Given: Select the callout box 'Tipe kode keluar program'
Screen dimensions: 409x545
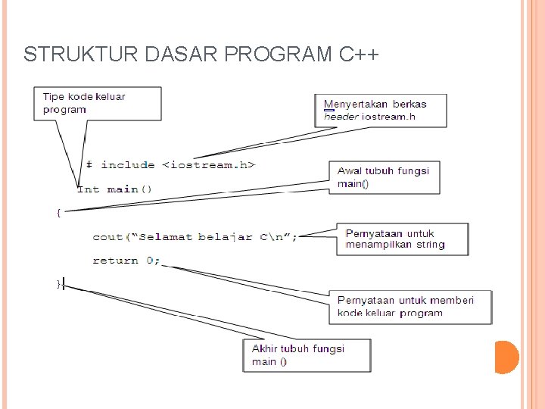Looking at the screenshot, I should [97, 103].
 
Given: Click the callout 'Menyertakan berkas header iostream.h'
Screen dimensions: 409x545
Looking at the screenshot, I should [380, 110].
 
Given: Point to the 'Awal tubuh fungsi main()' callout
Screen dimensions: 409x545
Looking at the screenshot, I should [384, 177].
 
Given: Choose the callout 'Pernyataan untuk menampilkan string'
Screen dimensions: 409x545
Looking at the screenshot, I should [402, 239].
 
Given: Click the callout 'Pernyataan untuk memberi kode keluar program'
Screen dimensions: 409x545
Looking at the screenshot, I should [410, 307].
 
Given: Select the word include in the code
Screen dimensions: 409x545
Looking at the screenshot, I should [128, 164].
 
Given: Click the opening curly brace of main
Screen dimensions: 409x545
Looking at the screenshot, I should [59, 213].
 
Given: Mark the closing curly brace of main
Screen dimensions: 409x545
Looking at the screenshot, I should [59, 283].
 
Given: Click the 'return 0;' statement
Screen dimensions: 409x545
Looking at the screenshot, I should [126, 261].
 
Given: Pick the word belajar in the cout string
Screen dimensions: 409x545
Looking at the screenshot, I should [225, 237].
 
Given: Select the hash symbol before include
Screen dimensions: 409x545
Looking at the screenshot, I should [89, 164].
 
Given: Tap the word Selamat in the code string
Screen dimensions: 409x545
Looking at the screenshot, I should [166, 237].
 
